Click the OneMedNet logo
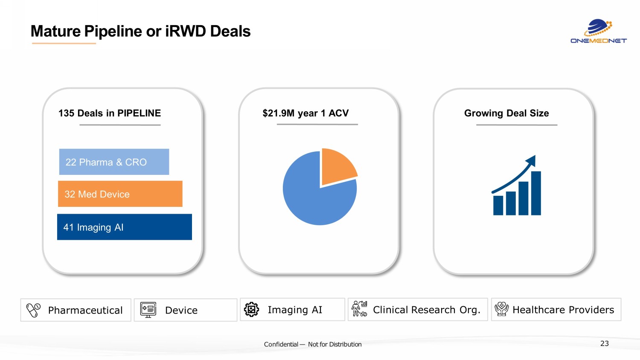tap(599, 32)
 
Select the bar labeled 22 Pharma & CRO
tap(114, 162)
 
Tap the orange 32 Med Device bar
tap(120, 194)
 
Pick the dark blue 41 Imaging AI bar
tap(124, 227)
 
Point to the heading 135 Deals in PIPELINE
tap(110, 113)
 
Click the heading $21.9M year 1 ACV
tap(305, 113)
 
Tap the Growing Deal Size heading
tap(506, 113)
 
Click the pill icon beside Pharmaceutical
tap(33, 310)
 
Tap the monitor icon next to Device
tap(148, 310)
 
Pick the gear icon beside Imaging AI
tap(251, 309)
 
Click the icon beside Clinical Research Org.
tap(359, 309)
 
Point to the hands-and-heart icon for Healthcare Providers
tap(501, 309)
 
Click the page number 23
tap(604, 343)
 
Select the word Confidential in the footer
tap(281, 344)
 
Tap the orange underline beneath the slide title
tap(64, 43)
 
